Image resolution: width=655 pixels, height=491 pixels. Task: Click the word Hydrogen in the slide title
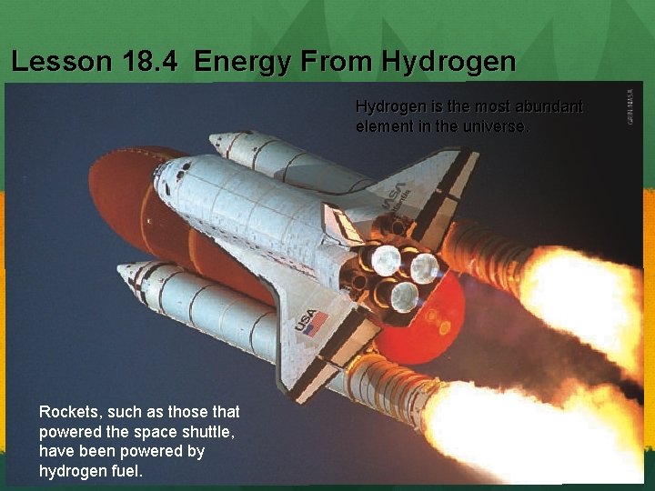pos(449,62)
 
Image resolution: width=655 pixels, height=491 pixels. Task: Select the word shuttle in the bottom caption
pos(210,432)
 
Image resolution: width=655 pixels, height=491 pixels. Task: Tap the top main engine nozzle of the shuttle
pos(387,261)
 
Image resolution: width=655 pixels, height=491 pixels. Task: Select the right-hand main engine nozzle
pos(425,268)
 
